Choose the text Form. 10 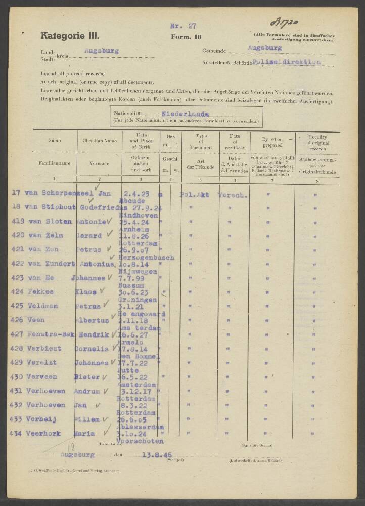point(184,37)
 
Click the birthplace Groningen point(141,299)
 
